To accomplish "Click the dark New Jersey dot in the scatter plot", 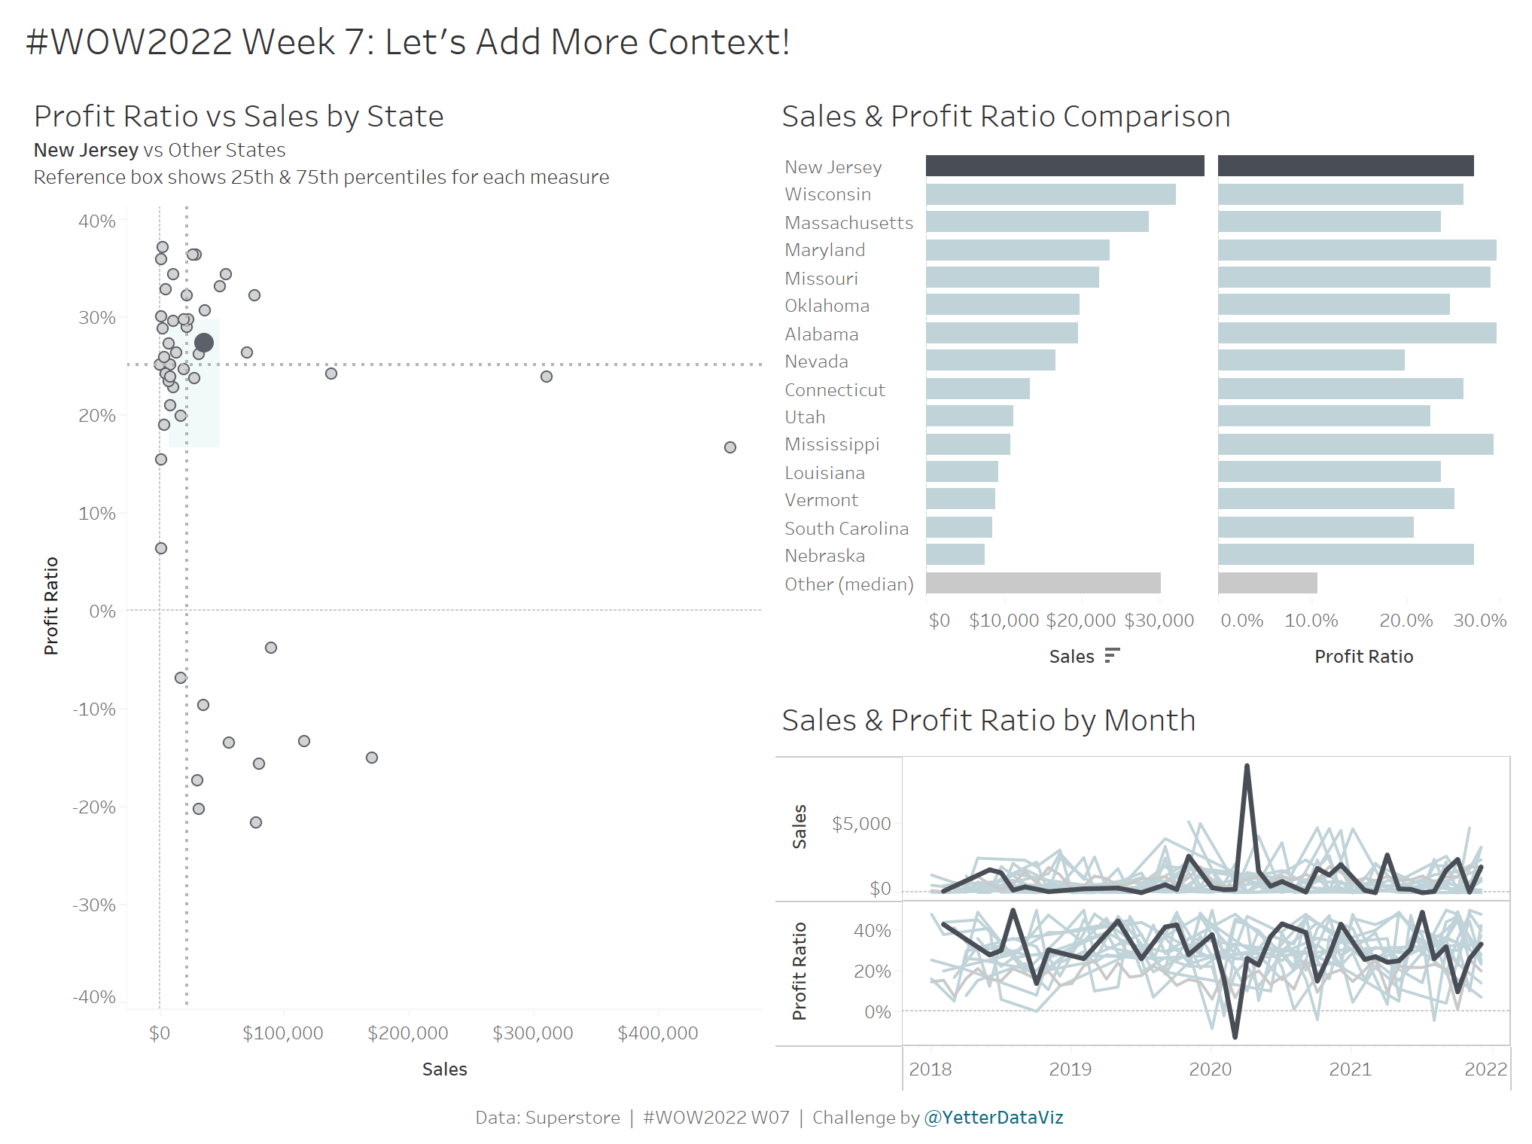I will (x=203, y=343).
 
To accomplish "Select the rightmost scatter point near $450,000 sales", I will (x=729, y=447).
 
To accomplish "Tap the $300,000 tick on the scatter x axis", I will (x=532, y=1033).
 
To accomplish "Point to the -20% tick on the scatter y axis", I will (x=94, y=807).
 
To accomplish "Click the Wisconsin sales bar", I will (x=1050, y=194).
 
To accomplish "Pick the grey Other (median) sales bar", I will (x=1043, y=583).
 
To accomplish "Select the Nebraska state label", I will (x=824, y=556).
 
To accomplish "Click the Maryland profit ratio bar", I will (x=1357, y=250).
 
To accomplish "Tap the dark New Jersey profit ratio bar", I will (x=1345, y=166).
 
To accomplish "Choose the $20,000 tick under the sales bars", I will (x=1080, y=621).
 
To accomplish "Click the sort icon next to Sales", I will (x=1112, y=656).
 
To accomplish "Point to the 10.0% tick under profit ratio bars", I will (x=1311, y=621).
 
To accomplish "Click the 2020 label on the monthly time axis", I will (x=1210, y=1069).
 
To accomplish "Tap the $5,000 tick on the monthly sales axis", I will (x=860, y=823).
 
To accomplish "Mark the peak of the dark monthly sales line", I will (x=1247, y=767).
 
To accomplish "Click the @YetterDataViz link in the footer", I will (x=993, y=1117).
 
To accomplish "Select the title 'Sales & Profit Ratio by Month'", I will (x=988, y=720).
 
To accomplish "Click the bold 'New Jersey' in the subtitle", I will (x=86, y=150).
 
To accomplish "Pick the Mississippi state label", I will (x=831, y=444).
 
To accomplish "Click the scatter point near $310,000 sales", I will (x=547, y=377).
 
